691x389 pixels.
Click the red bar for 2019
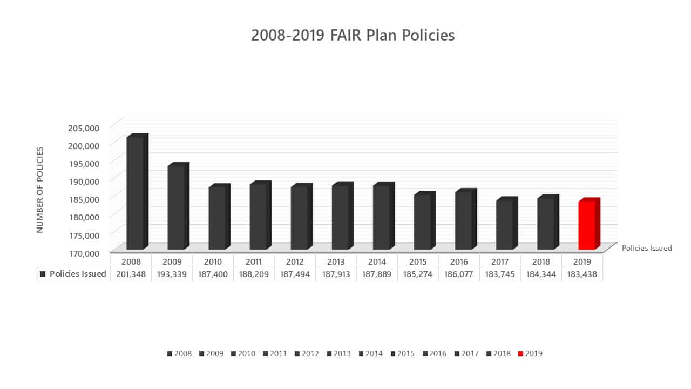(589, 224)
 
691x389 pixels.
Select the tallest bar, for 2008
(137, 192)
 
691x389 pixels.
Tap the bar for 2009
(178, 206)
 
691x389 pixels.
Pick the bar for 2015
(425, 220)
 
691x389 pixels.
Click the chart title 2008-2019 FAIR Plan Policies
(353, 35)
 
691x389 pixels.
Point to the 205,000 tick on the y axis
(84, 128)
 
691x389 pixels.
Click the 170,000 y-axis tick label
(84, 253)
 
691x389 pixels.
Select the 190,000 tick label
(84, 181)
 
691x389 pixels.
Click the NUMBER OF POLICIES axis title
(40, 190)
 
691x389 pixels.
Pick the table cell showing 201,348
(131, 274)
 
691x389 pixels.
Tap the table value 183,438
(582, 274)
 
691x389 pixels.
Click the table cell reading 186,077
(459, 274)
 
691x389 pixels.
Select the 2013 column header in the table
(336, 262)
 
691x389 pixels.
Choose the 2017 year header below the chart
(500, 262)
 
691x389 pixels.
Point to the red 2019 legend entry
(530, 353)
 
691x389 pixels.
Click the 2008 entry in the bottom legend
(179, 353)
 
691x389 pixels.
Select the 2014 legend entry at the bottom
(370, 353)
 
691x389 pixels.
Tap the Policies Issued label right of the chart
(647, 248)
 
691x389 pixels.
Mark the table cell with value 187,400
(213, 274)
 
